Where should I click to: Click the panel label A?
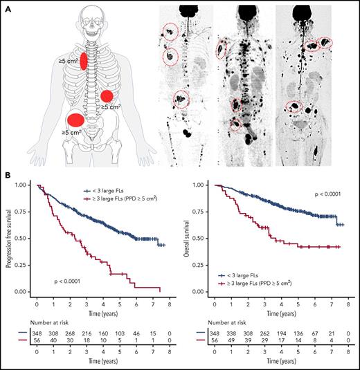(6, 6)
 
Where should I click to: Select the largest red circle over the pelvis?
(75, 121)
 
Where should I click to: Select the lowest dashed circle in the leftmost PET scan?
(181, 100)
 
